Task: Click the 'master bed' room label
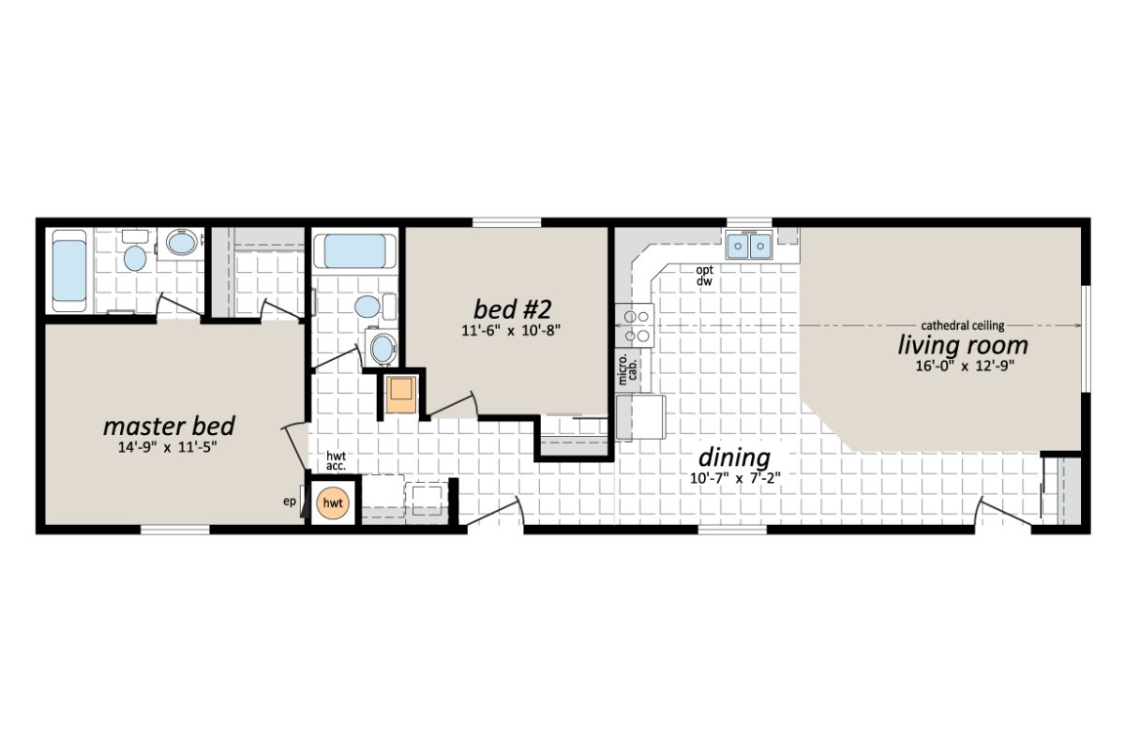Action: pyautogui.click(x=169, y=427)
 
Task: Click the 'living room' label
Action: pyautogui.click(x=955, y=345)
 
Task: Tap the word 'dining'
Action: pyautogui.click(x=734, y=458)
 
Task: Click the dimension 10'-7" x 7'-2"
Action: pyautogui.click(x=734, y=478)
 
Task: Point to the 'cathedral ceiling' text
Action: pyautogui.click(x=962, y=325)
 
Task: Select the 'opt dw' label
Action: pyautogui.click(x=704, y=275)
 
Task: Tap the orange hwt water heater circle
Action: pyautogui.click(x=333, y=503)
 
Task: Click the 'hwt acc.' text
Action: pyautogui.click(x=337, y=461)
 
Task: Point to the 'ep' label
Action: pyautogui.click(x=290, y=501)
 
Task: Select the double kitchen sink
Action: pyautogui.click(x=749, y=247)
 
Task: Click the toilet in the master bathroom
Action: pyautogui.click(x=135, y=255)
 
